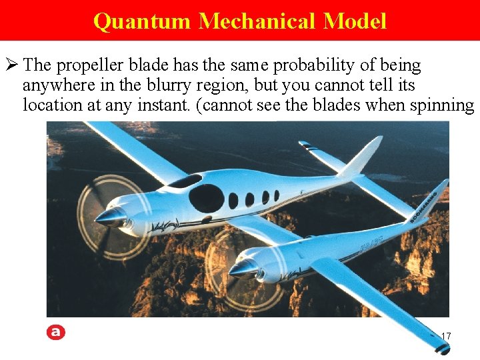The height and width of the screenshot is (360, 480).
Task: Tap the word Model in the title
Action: pyautogui.click(x=355, y=21)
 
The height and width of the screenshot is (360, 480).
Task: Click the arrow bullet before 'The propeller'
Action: pyautogui.click(x=11, y=65)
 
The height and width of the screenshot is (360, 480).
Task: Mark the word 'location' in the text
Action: pyautogui.click(x=47, y=105)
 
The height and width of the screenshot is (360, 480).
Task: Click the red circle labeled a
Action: pyautogui.click(x=57, y=332)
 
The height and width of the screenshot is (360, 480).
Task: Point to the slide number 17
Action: pyautogui.click(x=445, y=336)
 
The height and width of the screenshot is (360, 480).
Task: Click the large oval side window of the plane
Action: pyautogui.click(x=206, y=197)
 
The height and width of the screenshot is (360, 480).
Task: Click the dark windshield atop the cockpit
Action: pyautogui.click(x=185, y=181)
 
